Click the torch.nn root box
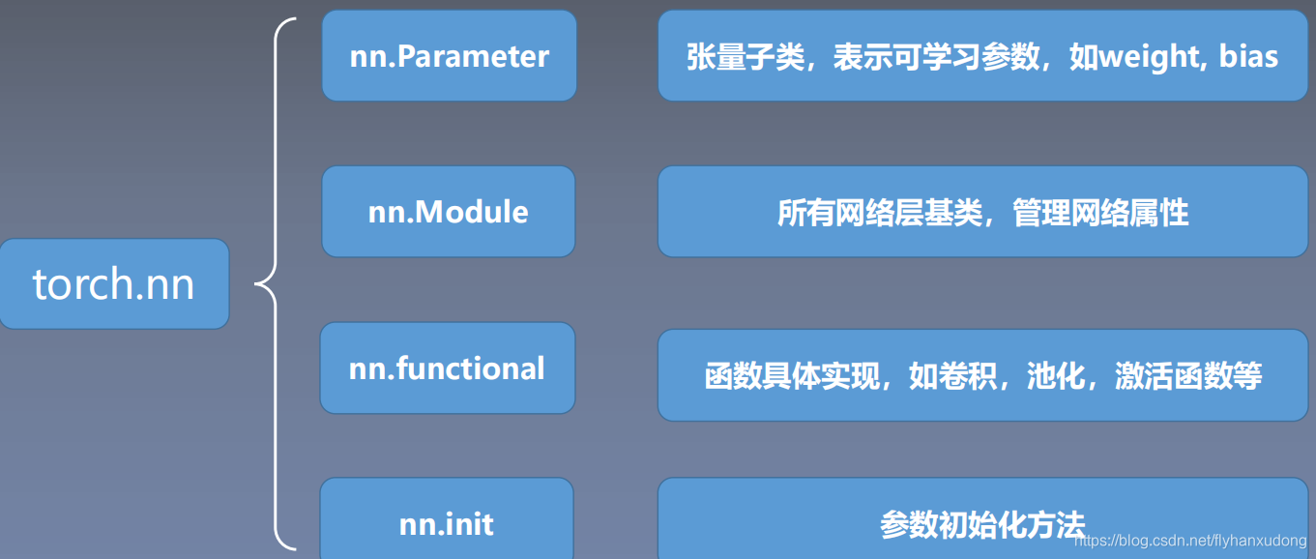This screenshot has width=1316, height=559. pos(114,284)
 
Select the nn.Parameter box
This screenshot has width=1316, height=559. pos(449,56)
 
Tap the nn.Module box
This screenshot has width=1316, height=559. pos(448,211)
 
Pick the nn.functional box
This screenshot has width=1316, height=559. pos(447,368)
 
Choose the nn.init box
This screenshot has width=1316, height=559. pos(446,522)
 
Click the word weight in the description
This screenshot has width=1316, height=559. pos(1147,56)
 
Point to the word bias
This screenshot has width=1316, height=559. pos(1248,56)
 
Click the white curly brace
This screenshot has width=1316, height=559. pos(276,284)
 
